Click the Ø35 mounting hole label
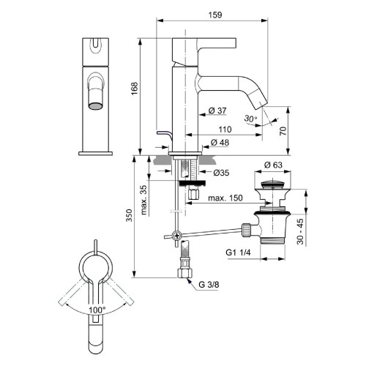point(223,173)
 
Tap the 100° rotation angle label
point(97,310)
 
